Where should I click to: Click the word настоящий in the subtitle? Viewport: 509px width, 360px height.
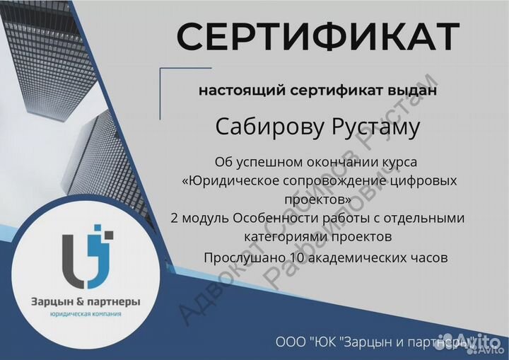(x=233, y=91)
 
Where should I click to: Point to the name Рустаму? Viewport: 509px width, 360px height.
(x=373, y=128)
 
